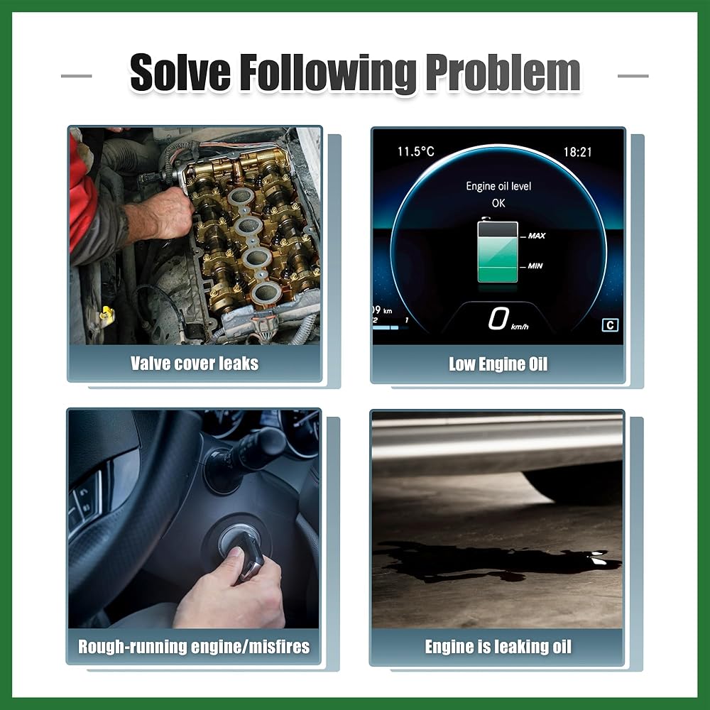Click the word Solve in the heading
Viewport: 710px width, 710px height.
click(180, 72)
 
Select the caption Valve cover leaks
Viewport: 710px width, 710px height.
click(195, 363)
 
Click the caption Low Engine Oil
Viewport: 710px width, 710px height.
click(498, 364)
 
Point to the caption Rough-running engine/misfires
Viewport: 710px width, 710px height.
click(194, 647)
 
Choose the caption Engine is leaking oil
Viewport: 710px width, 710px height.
click(498, 647)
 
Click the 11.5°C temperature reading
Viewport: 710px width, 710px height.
click(415, 151)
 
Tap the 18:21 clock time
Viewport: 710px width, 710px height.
click(577, 152)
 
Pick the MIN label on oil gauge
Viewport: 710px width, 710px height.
click(535, 266)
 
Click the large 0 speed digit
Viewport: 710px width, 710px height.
click(498, 318)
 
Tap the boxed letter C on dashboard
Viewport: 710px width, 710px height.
click(610, 325)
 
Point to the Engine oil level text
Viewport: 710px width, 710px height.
click(498, 186)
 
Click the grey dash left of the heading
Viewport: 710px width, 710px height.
click(77, 76)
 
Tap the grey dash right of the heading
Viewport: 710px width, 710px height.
click(633, 76)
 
